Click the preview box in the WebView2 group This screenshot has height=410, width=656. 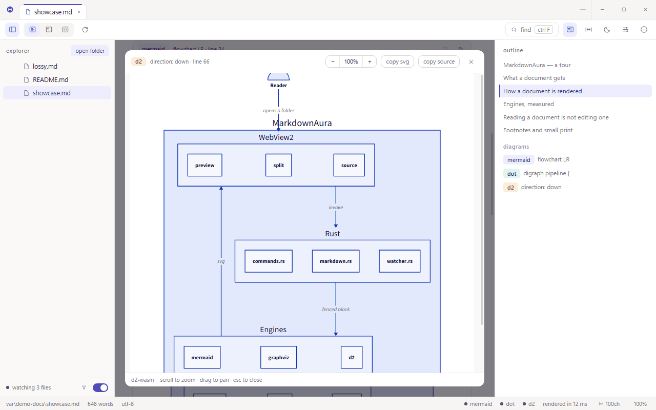coord(204,165)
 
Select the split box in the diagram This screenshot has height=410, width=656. coord(278,165)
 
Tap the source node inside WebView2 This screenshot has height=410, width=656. coord(349,165)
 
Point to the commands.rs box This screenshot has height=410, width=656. coord(269,261)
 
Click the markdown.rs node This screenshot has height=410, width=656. coord(336,261)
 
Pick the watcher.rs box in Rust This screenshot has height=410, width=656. coord(399,261)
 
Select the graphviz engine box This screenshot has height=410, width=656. coord(278,357)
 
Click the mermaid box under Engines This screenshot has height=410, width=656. coord(202,357)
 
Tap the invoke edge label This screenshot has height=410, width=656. coord(336,208)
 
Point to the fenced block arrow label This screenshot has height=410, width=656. coord(336,309)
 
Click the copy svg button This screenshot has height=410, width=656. coord(397,61)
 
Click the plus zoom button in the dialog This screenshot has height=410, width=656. coord(370,61)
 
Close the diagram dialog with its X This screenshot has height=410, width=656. coord(471,61)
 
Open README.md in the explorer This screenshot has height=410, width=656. coord(50,79)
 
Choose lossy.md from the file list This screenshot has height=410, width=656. coord(45,67)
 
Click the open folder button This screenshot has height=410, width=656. coord(90,51)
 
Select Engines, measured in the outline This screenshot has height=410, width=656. coord(528,104)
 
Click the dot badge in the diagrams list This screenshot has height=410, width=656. coord(511,174)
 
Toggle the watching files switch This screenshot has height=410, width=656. coord(100,387)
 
